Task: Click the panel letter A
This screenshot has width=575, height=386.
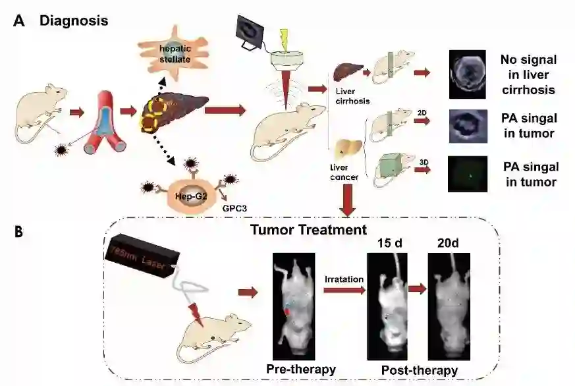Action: [x=19, y=21]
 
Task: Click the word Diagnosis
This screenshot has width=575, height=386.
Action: [x=74, y=20]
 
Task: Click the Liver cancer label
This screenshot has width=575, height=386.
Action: [x=346, y=171]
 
